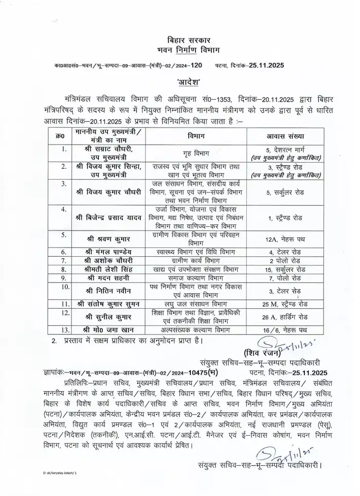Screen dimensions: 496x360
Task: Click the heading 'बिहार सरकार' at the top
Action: pyautogui.click(x=181, y=40)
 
